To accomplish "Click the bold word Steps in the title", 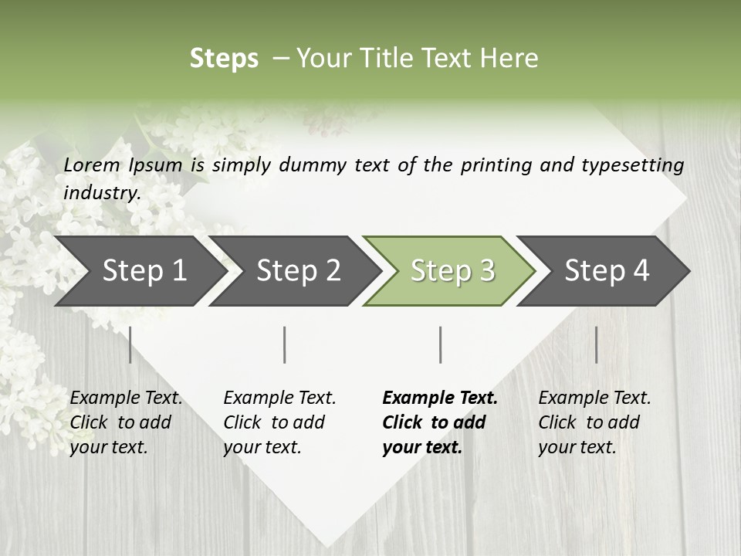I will coord(224,59).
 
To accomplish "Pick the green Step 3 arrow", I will coord(452,270).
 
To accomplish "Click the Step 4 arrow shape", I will coord(607,270).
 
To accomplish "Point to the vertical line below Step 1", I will coord(130,344).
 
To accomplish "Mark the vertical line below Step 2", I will coord(285,344).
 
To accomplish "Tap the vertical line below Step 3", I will coord(440,344).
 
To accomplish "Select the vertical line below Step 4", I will coord(596,344).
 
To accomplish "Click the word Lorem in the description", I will coord(92,164).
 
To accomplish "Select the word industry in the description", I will coord(101,193).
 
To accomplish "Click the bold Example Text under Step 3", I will coord(440,398).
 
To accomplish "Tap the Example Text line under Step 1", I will coord(126,398).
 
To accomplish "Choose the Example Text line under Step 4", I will coord(594,398).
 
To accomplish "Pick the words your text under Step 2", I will coord(262,447).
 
